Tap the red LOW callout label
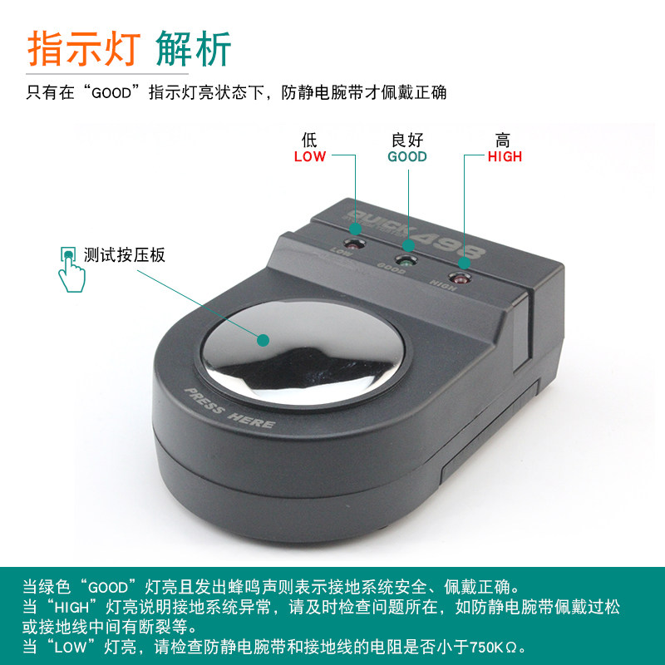[310, 157]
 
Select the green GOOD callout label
[407, 157]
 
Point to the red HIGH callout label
[505, 157]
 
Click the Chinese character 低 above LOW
[310, 140]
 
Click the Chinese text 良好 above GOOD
[407, 140]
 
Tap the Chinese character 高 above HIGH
[504, 140]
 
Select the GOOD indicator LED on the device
[406, 261]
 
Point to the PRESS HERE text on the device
[229, 409]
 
